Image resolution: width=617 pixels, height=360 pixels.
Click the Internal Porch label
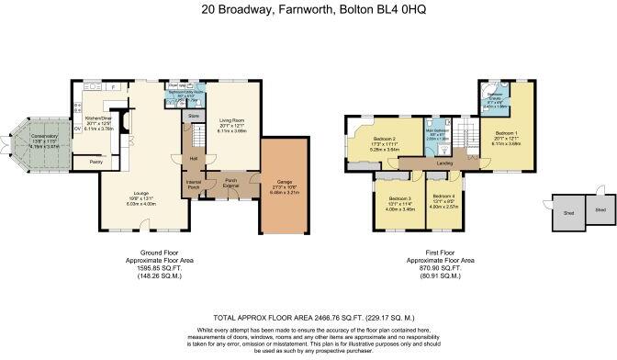(194, 185)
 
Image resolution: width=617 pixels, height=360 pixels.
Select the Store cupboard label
(194, 117)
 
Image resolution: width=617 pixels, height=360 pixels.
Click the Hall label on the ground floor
(194, 158)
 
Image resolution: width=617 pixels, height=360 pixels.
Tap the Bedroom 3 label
(398, 199)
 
